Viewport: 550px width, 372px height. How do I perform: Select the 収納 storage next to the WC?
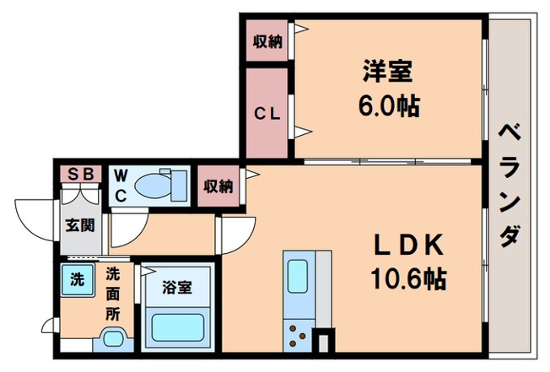tap(218, 186)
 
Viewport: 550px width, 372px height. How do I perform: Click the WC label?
tap(121, 186)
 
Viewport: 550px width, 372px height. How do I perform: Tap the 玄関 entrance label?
tap(81, 225)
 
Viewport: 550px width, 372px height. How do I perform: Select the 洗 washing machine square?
tap(76, 279)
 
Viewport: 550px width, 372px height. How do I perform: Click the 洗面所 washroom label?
tap(112, 294)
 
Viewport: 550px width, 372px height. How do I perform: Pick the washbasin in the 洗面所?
tap(113, 340)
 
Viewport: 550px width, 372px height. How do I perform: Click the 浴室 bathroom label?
tap(177, 286)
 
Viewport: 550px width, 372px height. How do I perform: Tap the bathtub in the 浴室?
tap(177, 329)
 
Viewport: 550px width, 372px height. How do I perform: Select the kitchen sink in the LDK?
tap(299, 275)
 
